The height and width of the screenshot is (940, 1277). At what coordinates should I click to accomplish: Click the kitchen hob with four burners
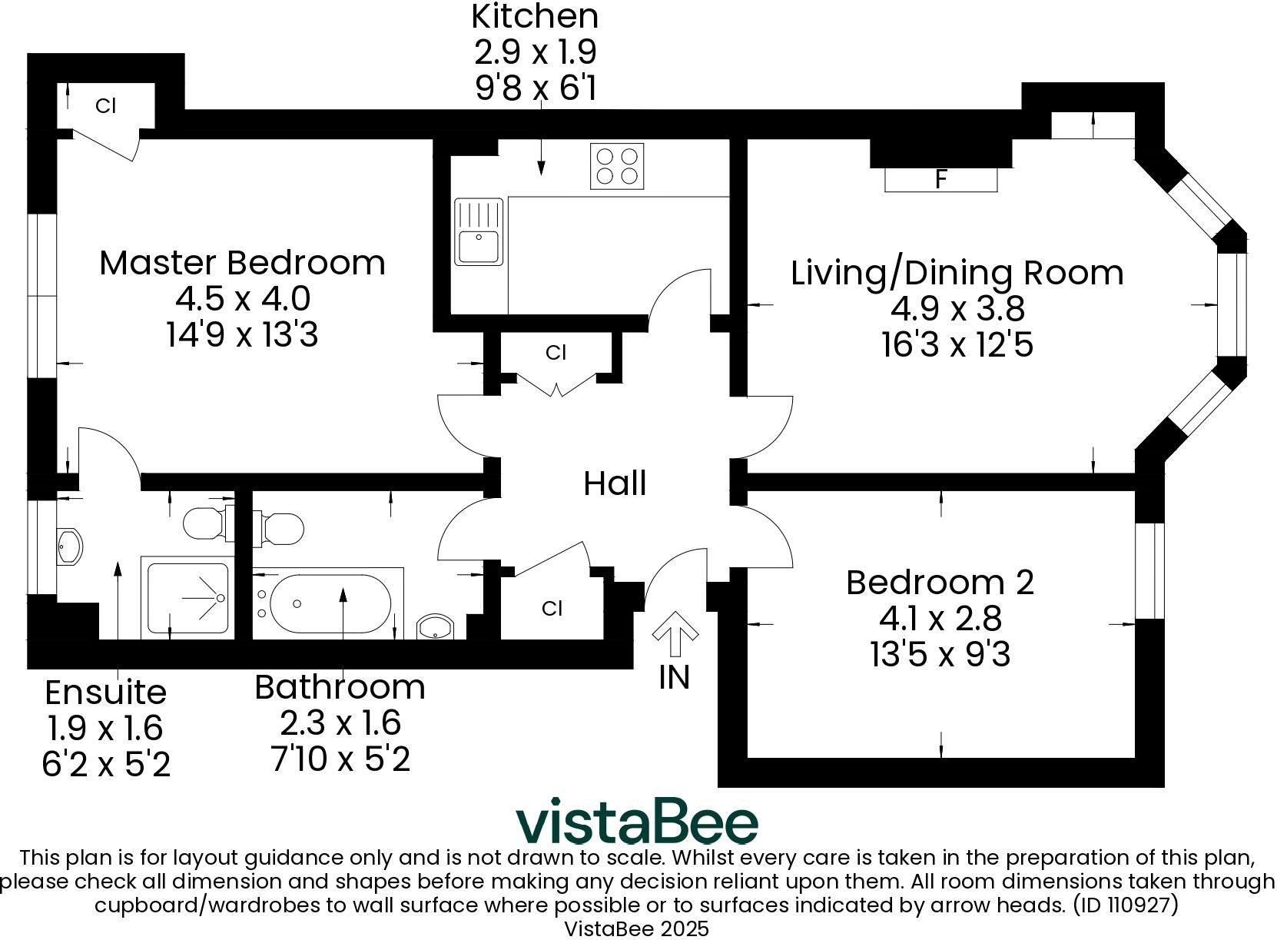click(617, 166)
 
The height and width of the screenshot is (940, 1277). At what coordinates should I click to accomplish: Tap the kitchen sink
click(479, 232)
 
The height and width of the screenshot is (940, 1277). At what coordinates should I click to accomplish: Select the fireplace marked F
click(940, 179)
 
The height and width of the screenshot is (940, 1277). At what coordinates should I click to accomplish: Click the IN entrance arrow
click(675, 628)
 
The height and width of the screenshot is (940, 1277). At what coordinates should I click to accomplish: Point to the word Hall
click(615, 483)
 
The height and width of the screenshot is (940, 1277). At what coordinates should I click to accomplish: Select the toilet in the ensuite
click(205, 523)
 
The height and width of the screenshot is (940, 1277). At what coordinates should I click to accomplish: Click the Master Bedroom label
click(242, 263)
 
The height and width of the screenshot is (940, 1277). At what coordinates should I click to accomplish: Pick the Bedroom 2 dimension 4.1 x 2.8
click(940, 618)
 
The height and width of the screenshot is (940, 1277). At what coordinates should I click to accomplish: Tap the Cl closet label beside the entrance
click(552, 609)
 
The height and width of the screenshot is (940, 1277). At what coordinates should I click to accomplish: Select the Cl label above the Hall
click(556, 353)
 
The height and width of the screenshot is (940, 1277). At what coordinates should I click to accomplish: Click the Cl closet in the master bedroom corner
click(105, 106)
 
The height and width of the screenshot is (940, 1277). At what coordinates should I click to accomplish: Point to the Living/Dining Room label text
click(957, 273)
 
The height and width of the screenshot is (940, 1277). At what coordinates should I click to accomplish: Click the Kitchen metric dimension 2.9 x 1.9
click(535, 52)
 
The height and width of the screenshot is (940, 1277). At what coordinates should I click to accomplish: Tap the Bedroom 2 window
click(1150, 571)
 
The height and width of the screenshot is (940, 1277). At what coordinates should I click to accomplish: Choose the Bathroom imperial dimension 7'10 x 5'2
click(340, 759)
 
